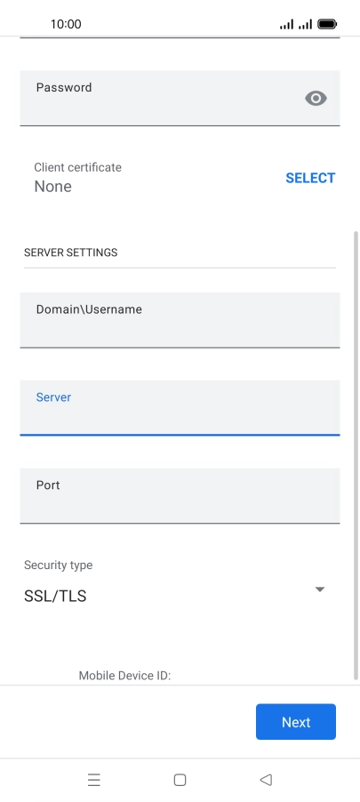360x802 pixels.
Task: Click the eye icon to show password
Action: pyautogui.click(x=316, y=98)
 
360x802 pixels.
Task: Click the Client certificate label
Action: pyautogui.click(x=77, y=167)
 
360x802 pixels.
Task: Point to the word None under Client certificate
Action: pyautogui.click(x=52, y=187)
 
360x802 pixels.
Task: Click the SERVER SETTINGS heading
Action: pyautogui.click(x=70, y=253)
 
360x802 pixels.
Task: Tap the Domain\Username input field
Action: pyautogui.click(x=180, y=320)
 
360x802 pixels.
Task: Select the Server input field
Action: pyautogui.click(x=180, y=407)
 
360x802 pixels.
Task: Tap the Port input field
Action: pyautogui.click(x=180, y=495)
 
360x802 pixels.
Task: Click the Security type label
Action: pyautogui.click(x=59, y=565)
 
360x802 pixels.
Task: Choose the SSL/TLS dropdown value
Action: pyautogui.click(x=55, y=597)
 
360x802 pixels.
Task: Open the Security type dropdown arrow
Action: pyautogui.click(x=320, y=589)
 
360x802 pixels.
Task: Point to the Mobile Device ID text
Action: pyautogui.click(x=124, y=676)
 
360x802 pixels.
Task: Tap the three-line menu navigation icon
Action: pyautogui.click(x=94, y=780)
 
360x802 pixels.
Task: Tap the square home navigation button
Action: pyautogui.click(x=180, y=780)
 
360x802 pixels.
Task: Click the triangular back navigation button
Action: pyautogui.click(x=266, y=780)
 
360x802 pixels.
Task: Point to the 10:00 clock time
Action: pyautogui.click(x=66, y=24)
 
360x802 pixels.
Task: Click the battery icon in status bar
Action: pyautogui.click(x=327, y=24)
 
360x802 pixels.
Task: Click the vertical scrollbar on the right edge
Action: pyautogui.click(x=356, y=455)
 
